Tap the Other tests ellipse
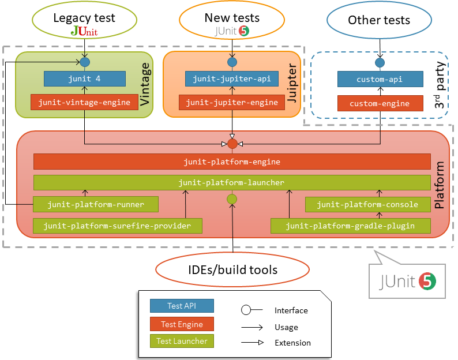(x=379, y=21)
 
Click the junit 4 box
(x=84, y=78)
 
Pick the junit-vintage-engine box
(x=84, y=103)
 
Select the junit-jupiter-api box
(x=232, y=78)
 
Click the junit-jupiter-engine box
(x=232, y=103)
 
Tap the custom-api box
(x=379, y=79)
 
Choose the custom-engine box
(x=379, y=103)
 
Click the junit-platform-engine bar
(x=232, y=162)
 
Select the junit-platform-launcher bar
(x=232, y=182)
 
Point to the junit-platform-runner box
(x=96, y=204)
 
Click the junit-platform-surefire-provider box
(x=118, y=226)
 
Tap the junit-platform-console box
(x=367, y=204)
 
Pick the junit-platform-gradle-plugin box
(x=351, y=226)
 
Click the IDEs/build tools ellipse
(x=232, y=269)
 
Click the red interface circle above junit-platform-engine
(x=232, y=143)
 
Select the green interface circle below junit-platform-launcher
(x=232, y=199)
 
